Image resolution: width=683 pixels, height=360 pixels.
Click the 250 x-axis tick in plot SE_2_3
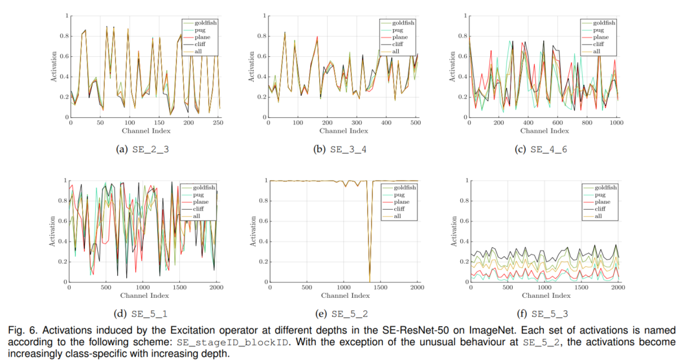click(218, 122)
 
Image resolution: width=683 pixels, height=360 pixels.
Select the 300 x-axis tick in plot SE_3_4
click(355, 122)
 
